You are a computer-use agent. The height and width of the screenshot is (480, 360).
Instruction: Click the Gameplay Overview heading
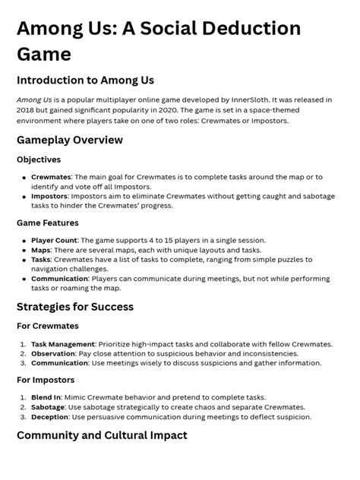(70, 140)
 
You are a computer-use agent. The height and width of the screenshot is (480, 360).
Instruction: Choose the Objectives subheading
(39, 159)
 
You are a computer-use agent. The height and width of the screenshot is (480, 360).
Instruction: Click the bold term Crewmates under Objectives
(51, 176)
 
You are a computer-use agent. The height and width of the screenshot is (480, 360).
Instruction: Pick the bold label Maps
(41, 250)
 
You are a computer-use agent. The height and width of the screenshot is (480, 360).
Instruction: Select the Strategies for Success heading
(75, 307)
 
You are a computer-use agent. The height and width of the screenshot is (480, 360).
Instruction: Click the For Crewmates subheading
(47, 327)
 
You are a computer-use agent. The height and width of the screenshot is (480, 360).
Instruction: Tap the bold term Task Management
(63, 344)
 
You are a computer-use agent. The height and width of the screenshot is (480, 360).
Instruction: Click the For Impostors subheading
(46, 380)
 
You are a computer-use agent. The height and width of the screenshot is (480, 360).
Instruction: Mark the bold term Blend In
(46, 397)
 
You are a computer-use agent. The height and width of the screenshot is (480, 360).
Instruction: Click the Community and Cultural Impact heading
(102, 436)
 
